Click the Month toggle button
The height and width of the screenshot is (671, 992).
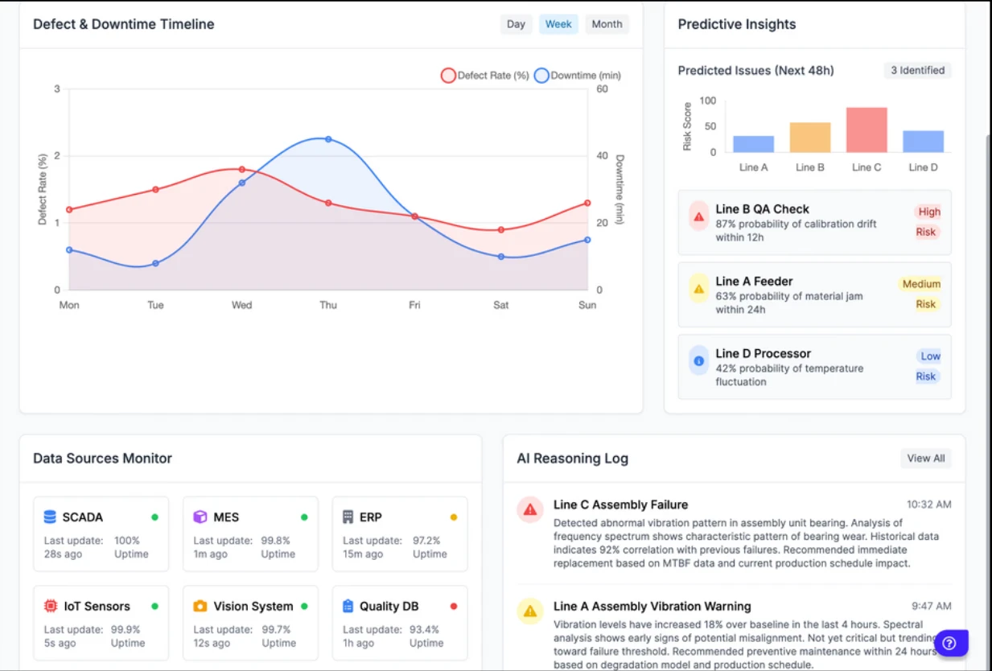(x=607, y=24)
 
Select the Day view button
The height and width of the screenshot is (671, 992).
(x=516, y=24)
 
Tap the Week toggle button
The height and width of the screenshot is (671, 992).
(x=558, y=24)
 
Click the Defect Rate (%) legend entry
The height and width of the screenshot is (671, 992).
(x=485, y=76)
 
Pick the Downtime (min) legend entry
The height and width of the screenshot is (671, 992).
(x=578, y=76)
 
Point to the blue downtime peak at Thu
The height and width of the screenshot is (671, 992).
(x=328, y=139)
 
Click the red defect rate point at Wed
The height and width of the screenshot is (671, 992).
(x=241, y=169)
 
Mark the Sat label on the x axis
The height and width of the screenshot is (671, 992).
(x=500, y=305)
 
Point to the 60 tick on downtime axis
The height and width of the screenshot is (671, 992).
(x=602, y=89)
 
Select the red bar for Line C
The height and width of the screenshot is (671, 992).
(x=866, y=130)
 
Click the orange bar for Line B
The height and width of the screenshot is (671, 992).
(x=810, y=138)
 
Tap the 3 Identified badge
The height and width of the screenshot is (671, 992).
(x=917, y=71)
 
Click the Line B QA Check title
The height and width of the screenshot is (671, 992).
(x=762, y=209)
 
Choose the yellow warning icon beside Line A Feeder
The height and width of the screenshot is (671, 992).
(x=698, y=288)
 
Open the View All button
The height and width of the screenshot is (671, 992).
(x=925, y=459)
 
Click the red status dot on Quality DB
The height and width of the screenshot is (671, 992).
(x=454, y=607)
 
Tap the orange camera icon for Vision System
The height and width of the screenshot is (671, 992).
(x=200, y=607)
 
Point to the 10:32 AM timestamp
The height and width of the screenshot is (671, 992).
(x=928, y=504)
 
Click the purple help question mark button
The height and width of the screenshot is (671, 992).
(x=949, y=643)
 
